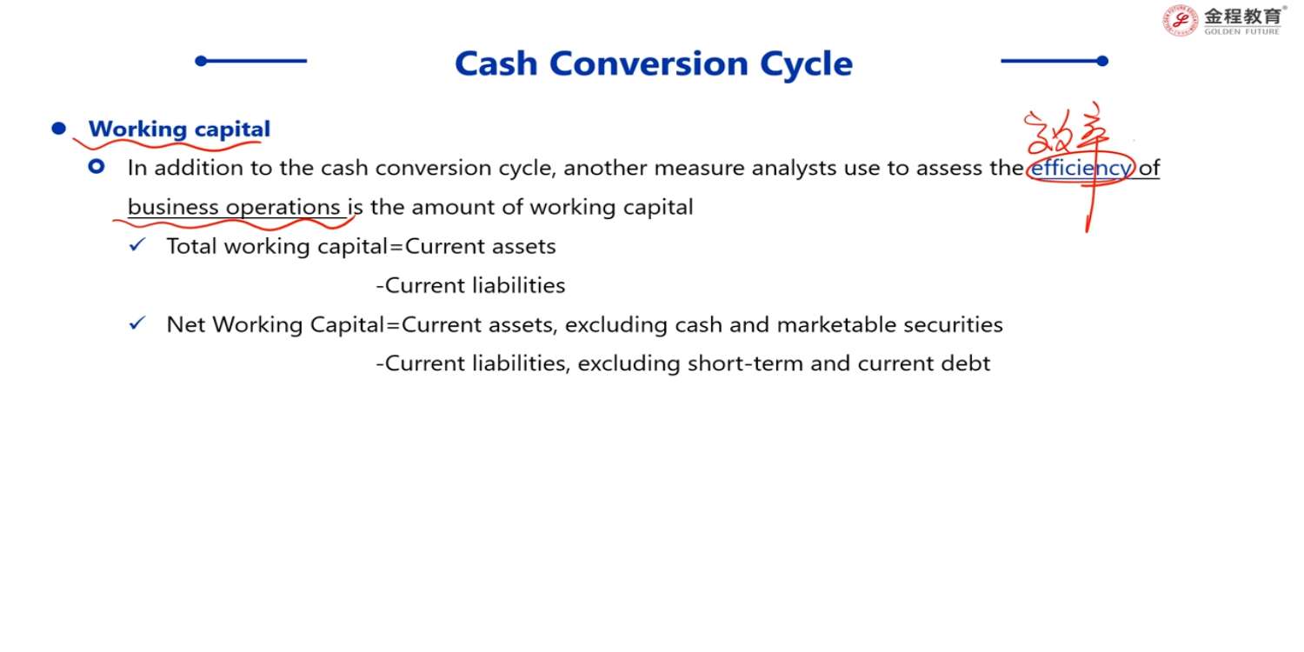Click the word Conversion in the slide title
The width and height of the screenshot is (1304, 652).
coord(649,63)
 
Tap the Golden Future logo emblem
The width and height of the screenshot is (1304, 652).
coord(1180,20)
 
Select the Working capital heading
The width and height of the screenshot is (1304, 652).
coord(179,130)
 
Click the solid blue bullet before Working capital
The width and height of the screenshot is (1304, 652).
coord(59,128)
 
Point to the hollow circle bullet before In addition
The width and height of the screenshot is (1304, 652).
coord(96,167)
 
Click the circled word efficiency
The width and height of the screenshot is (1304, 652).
coord(1081,169)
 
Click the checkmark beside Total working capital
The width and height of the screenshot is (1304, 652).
coord(136,245)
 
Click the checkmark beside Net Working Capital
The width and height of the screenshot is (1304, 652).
coord(136,323)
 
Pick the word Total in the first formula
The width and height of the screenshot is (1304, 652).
coord(191,246)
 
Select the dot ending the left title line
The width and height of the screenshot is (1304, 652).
coord(202,61)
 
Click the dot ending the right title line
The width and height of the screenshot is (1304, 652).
coord(1102,61)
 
